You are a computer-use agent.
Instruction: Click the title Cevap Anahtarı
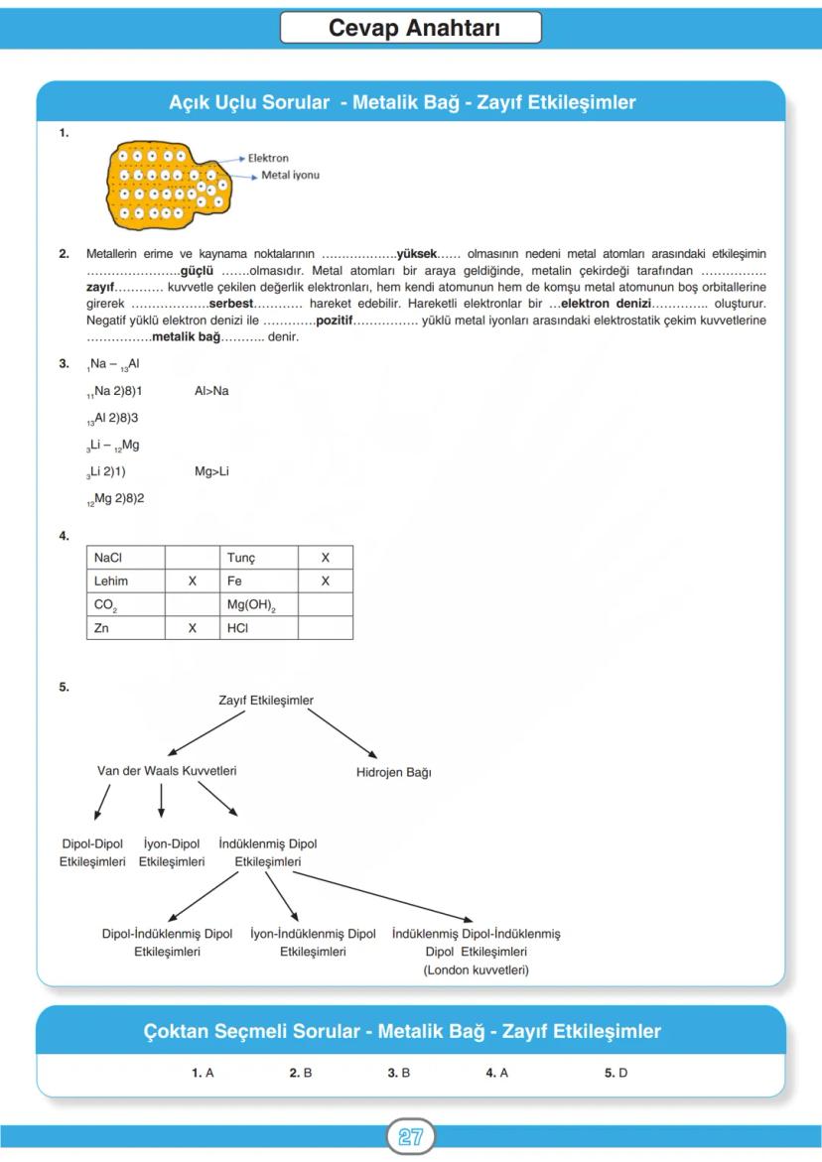pyautogui.click(x=410, y=28)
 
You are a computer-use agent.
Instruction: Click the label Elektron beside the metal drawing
pyautogui.click(x=268, y=158)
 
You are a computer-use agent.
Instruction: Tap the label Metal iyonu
pyautogui.click(x=290, y=175)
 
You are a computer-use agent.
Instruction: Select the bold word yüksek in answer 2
pyautogui.click(x=417, y=254)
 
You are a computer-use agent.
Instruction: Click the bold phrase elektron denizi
pyautogui.click(x=606, y=302)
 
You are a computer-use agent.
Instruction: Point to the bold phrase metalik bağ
pyautogui.click(x=186, y=337)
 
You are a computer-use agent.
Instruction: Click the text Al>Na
pyautogui.click(x=211, y=391)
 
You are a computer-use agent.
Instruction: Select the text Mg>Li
pyautogui.click(x=211, y=471)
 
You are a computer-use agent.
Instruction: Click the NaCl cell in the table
pyautogui.click(x=108, y=558)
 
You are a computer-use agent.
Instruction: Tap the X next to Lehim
pyautogui.click(x=193, y=581)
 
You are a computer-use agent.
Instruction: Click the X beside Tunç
pyautogui.click(x=325, y=558)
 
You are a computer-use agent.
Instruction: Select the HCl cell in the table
pyautogui.click(x=237, y=628)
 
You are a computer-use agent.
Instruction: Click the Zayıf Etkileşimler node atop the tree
pyautogui.click(x=266, y=701)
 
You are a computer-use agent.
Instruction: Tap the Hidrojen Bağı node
pyautogui.click(x=393, y=772)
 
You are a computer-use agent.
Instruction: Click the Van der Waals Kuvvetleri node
pyautogui.click(x=167, y=770)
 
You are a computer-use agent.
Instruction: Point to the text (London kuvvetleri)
pyautogui.click(x=476, y=969)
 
